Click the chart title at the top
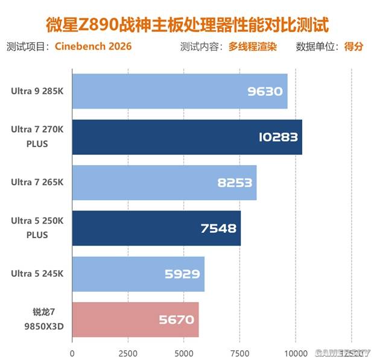point(187,25)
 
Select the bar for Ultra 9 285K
point(180,91)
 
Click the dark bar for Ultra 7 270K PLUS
point(187,137)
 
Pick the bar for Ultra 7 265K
point(164,183)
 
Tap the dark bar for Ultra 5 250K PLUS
point(156,229)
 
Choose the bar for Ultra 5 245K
point(138,274)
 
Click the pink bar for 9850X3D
point(135,320)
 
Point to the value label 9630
point(265,92)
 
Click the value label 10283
point(276,137)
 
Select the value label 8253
point(234,183)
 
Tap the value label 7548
point(218,229)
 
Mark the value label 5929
point(182,274)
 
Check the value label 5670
point(176,320)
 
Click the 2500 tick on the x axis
point(128,352)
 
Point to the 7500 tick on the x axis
point(240,352)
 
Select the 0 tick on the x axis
point(72,352)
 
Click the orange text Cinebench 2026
point(93,46)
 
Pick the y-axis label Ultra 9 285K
point(37,91)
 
